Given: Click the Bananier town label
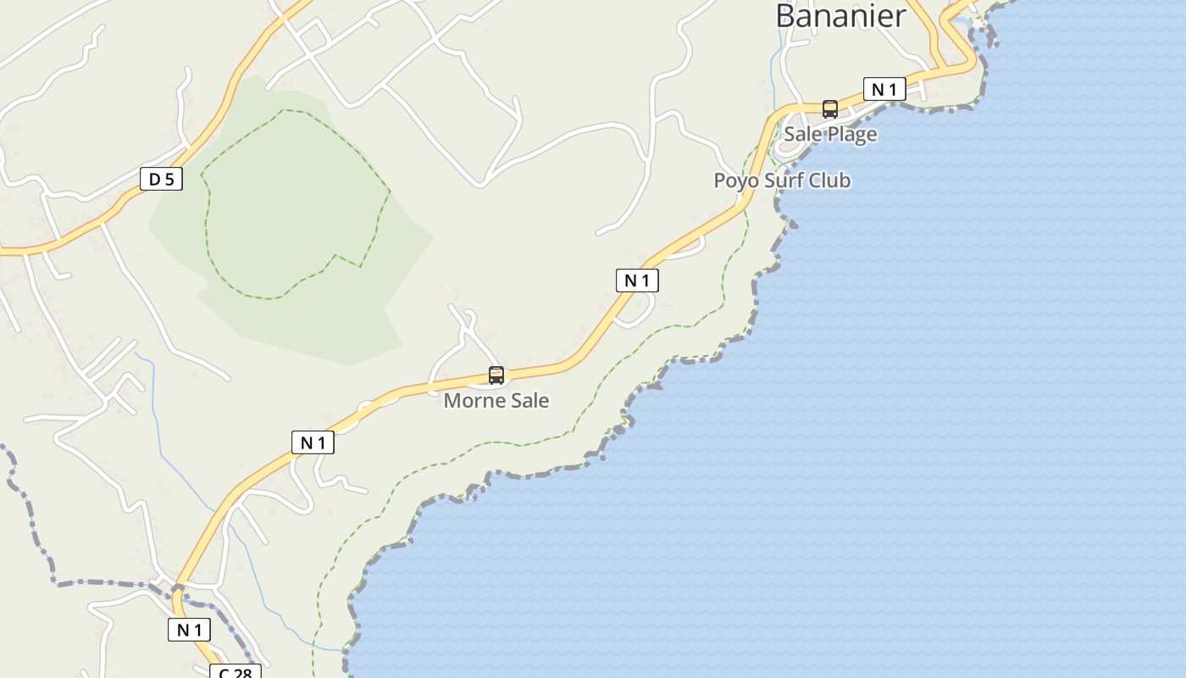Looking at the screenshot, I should coord(840,15).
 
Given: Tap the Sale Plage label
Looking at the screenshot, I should coord(830,134).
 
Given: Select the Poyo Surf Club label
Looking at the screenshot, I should coord(782,181).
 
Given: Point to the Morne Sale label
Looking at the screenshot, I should coord(496,400).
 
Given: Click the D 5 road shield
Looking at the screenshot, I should coord(161,179).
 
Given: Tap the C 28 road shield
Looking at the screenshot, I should coord(236,672).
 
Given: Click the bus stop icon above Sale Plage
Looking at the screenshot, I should coord(830,109).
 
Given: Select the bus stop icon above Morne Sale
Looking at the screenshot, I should coord(496,375).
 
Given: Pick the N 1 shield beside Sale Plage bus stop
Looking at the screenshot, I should coord(884,89).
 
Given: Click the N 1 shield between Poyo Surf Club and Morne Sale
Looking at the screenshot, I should coord(637,281).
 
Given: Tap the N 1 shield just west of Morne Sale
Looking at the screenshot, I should coord(313,442).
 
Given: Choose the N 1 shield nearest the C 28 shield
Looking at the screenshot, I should coord(189,630).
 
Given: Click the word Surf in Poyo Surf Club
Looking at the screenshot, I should coord(784,181).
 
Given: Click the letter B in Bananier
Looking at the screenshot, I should coord(786,15).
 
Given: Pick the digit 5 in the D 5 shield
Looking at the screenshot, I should coord(169,179).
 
